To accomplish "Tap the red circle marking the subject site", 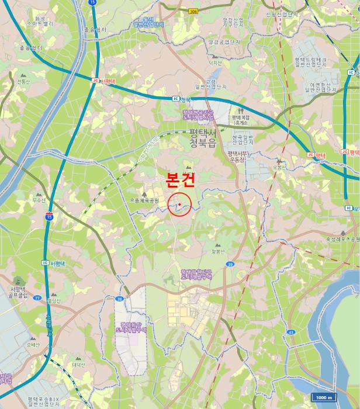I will coord(180,204).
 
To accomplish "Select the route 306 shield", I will coord(193,11).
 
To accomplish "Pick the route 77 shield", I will coord(37,298).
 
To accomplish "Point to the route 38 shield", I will coord(120,299).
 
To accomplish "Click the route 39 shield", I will coord(230,265).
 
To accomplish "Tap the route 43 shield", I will coord(290,332).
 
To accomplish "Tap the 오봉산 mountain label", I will coord(279,168).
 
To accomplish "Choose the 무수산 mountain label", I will coord(39,200).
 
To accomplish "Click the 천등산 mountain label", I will coord(23,82).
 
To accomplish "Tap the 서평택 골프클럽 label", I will coord(20,292).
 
